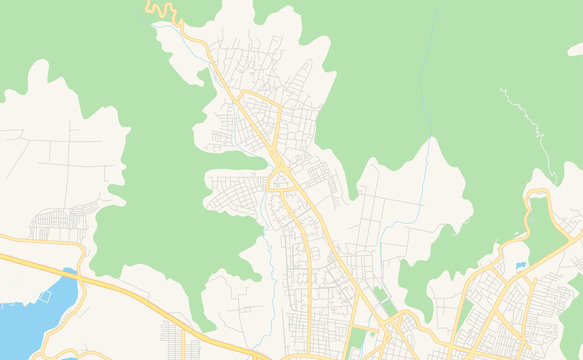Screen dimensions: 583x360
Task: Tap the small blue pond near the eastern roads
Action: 521,265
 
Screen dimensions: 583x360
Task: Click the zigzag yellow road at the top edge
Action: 165,11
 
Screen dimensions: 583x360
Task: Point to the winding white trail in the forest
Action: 526,120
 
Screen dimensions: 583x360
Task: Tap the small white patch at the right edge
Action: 576,48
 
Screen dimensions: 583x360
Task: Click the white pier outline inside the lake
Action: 46,296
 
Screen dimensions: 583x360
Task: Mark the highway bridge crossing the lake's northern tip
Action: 69,272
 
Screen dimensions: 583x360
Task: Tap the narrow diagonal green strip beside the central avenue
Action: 381,296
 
